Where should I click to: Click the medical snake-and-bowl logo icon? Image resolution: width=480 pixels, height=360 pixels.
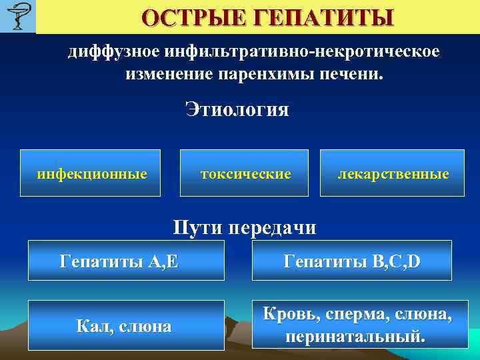(x=17, y=17)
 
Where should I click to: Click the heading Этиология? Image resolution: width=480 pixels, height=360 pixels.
(x=237, y=109)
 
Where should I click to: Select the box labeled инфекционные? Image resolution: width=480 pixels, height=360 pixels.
(x=91, y=173)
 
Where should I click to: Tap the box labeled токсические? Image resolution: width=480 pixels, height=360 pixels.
(x=245, y=173)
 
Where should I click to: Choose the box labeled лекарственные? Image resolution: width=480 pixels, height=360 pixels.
(x=391, y=173)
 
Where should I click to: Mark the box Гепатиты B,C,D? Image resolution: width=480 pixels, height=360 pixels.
(x=351, y=261)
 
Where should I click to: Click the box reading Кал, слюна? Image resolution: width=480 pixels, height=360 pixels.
(x=126, y=325)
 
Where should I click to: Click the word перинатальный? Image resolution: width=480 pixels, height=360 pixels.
(x=354, y=336)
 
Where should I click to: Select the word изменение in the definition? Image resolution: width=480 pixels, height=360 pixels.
(x=167, y=73)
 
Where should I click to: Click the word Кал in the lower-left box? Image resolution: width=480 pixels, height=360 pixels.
(x=92, y=326)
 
